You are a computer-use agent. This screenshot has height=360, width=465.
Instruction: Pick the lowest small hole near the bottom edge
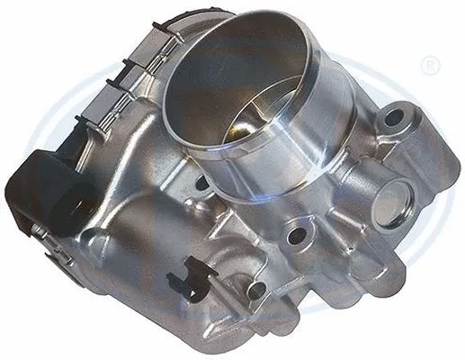(x=255, y=290)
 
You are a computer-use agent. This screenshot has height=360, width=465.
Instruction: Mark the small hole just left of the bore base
(x=200, y=184)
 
